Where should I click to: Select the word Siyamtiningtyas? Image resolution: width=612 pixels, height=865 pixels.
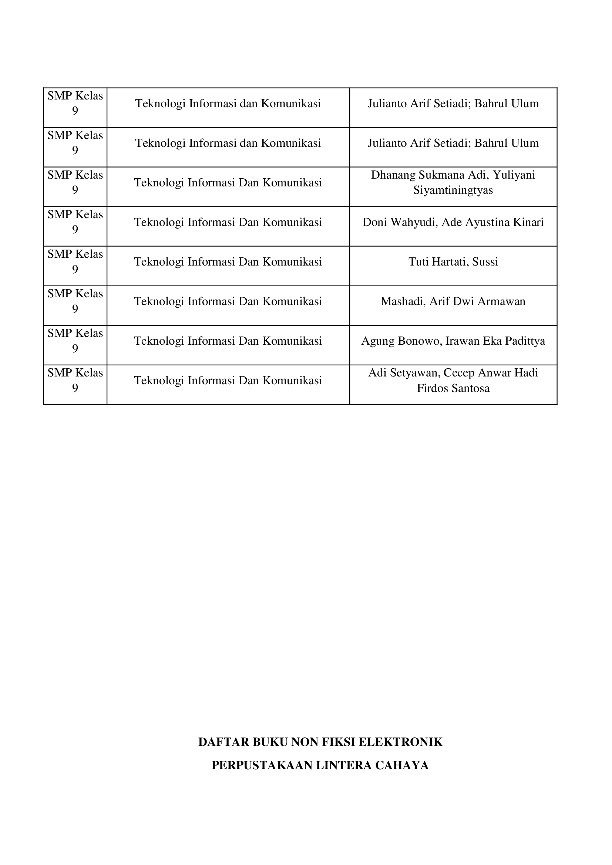453,190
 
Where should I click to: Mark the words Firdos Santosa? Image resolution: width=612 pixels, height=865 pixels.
453,388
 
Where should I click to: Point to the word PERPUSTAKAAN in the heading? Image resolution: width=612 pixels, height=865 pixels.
262,765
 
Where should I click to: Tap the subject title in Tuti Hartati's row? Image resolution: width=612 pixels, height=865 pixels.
228,262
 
